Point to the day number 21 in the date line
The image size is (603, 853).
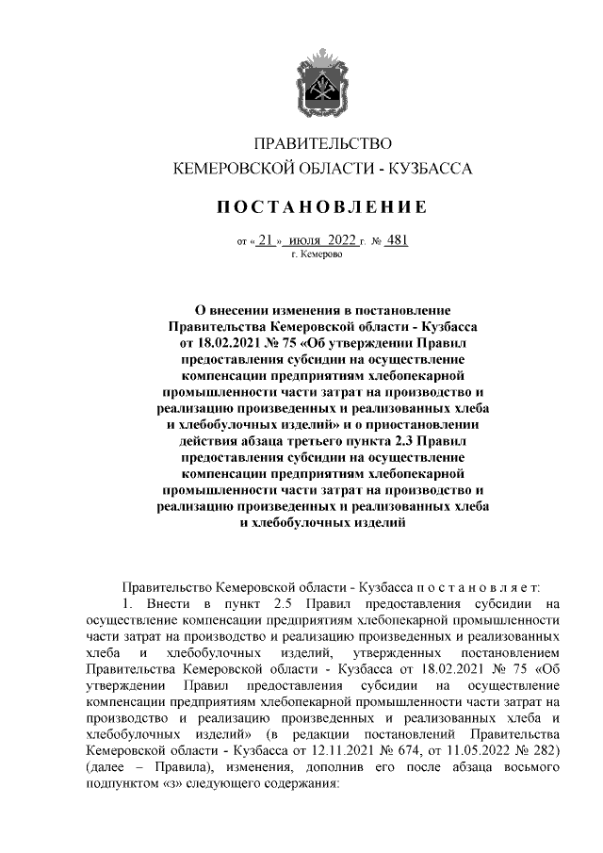click(x=267, y=241)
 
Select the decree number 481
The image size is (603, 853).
click(x=397, y=241)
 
